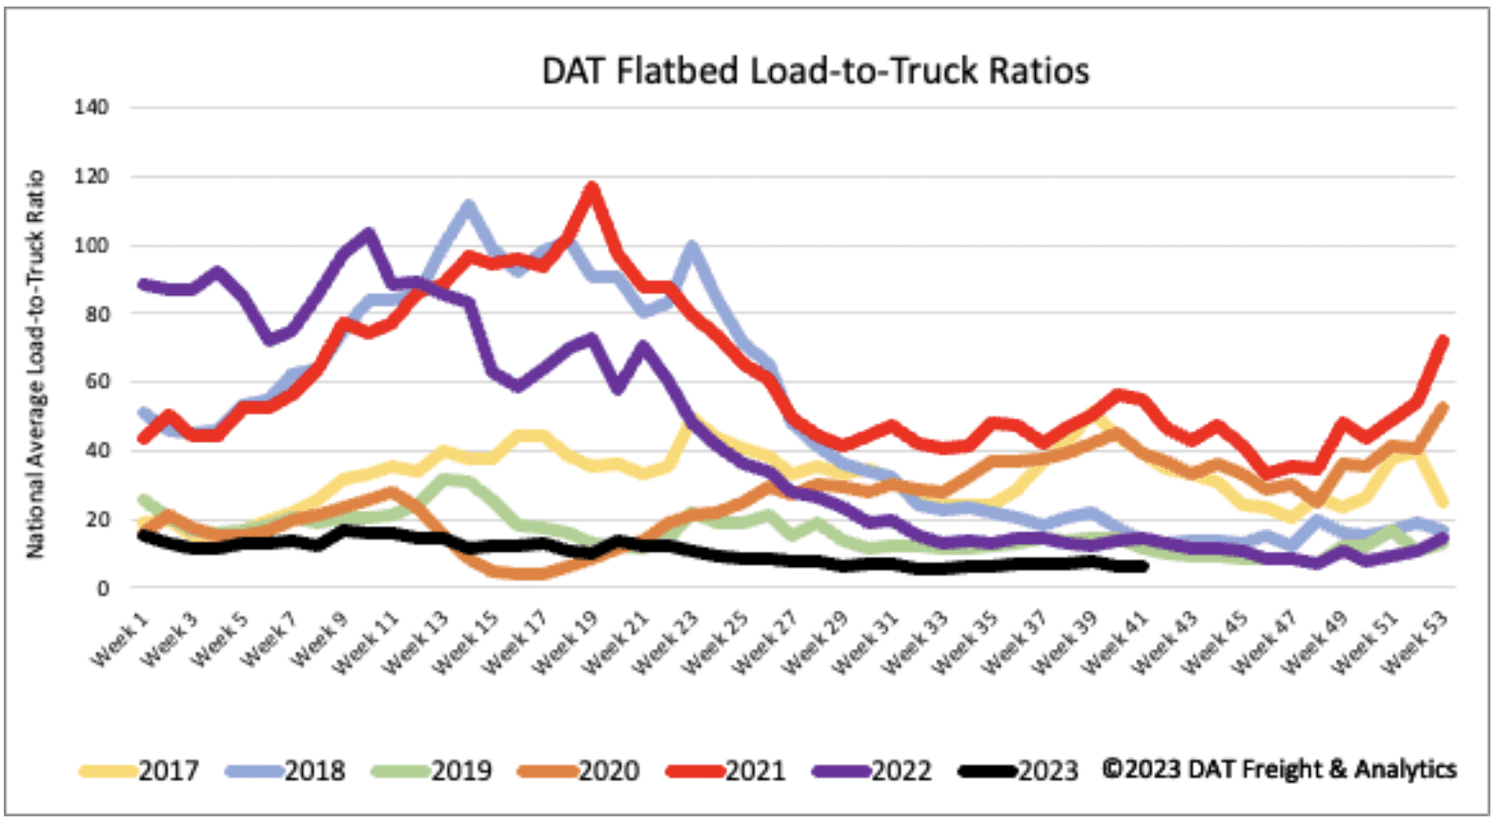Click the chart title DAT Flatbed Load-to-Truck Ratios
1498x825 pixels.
(x=815, y=71)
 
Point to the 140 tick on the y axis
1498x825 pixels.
(x=91, y=107)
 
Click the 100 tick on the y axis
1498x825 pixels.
(x=91, y=245)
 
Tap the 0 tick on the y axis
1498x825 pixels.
(x=102, y=589)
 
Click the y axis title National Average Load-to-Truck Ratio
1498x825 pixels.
(x=35, y=364)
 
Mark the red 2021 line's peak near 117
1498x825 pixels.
(x=592, y=188)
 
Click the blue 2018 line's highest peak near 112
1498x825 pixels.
(x=468, y=205)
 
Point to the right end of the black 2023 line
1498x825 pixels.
(x=1143, y=566)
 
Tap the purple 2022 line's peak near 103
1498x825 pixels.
(x=368, y=233)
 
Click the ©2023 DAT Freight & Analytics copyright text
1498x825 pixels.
(x=1279, y=769)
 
